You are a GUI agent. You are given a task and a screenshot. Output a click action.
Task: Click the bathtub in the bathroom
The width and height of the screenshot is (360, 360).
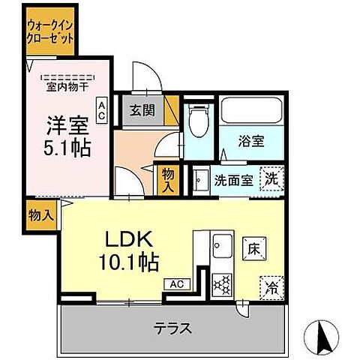250,111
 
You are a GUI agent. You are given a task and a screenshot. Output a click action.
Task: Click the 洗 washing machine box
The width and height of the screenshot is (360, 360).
271,178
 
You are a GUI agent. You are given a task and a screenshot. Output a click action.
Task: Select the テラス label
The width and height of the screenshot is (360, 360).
174,328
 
